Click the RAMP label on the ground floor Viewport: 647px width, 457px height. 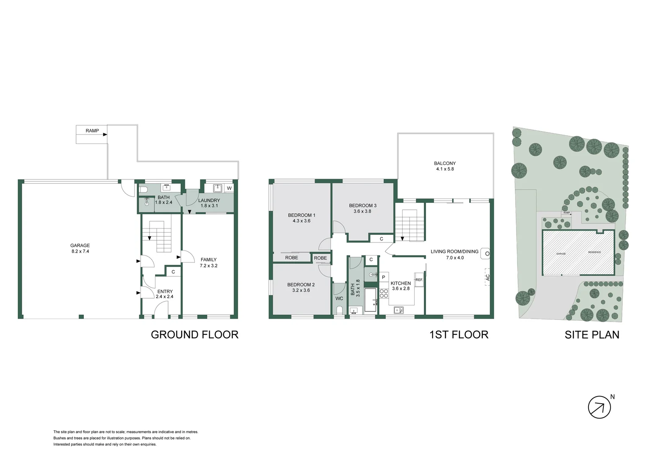[92, 131]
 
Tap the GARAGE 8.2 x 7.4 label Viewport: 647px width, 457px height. [80, 248]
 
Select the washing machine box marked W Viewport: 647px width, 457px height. [229, 188]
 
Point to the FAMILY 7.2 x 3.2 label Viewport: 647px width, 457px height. [208, 263]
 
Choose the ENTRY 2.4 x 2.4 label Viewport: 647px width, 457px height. [165, 294]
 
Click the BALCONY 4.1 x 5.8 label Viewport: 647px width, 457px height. [445, 166]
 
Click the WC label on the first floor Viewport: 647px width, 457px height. [339, 298]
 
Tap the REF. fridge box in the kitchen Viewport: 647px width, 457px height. [419, 280]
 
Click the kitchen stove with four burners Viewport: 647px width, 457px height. [384, 293]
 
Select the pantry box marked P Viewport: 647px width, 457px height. [384, 277]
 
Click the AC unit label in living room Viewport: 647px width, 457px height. [487, 278]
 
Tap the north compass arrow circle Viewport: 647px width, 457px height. [599, 407]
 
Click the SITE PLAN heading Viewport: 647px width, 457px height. [592, 335]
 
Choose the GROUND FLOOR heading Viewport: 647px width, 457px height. [194, 335]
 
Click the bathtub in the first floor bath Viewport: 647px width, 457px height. [371, 300]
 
